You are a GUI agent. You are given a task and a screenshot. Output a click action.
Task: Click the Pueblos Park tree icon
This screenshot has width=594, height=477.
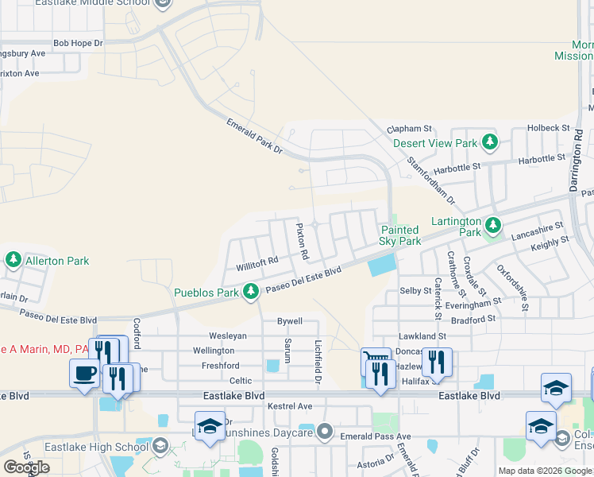coord(251,292)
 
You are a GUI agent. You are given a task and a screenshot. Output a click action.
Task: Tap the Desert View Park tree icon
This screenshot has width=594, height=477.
coord(490,143)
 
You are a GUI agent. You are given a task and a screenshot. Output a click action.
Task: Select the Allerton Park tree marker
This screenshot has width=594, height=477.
coord(13,260)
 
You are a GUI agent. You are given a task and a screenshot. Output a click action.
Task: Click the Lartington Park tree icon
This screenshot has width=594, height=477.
coord(492,225)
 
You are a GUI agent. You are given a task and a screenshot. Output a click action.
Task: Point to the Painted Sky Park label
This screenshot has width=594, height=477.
coord(401,235)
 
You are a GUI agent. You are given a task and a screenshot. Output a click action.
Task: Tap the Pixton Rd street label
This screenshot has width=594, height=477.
coord(302,242)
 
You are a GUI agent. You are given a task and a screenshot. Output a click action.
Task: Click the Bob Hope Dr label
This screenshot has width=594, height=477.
coord(78,42)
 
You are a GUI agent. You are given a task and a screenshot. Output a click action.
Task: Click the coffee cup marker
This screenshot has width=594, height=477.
coord(83,374)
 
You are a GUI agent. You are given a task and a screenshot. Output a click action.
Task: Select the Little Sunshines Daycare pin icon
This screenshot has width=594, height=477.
coord(324,432)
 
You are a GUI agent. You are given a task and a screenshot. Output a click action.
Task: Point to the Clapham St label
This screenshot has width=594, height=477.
coord(408,128)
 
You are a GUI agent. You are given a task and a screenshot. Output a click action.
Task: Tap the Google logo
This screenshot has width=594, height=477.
coord(26,467)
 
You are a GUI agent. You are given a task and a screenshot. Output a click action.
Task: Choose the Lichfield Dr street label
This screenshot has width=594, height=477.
coord(318,353)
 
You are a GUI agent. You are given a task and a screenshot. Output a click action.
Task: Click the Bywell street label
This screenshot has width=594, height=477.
coord(289,321)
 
